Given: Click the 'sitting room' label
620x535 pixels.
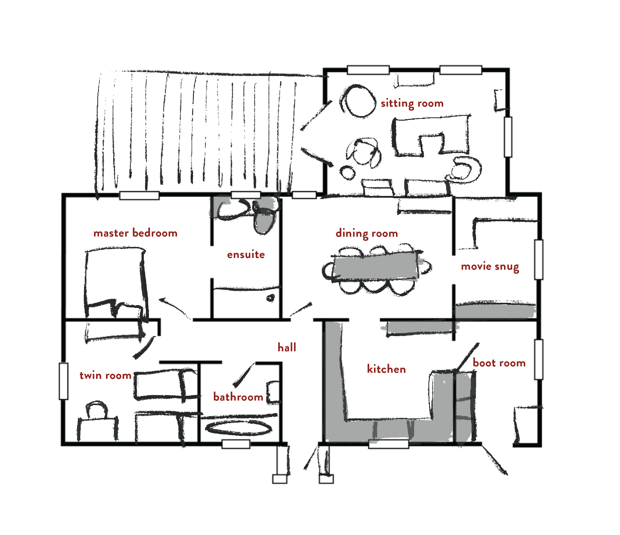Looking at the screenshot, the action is click(412, 103).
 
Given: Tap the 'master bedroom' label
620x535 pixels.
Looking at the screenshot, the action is click(135, 233).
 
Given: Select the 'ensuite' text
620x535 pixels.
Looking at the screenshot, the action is click(246, 254).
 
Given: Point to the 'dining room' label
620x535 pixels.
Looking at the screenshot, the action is click(367, 233).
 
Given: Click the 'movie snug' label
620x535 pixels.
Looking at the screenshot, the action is click(490, 266).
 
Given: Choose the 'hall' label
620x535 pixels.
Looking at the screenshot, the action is click(287, 347).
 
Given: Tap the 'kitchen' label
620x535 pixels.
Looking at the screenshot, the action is click(386, 369).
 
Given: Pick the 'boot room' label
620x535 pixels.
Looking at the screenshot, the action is click(499, 363).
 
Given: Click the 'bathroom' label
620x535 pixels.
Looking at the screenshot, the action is click(238, 397).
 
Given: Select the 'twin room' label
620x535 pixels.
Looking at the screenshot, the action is click(105, 375).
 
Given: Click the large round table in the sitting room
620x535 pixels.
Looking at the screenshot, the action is click(358, 101).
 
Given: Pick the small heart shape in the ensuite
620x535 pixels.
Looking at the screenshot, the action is click(271, 298).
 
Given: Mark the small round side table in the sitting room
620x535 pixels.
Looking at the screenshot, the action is click(347, 172).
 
